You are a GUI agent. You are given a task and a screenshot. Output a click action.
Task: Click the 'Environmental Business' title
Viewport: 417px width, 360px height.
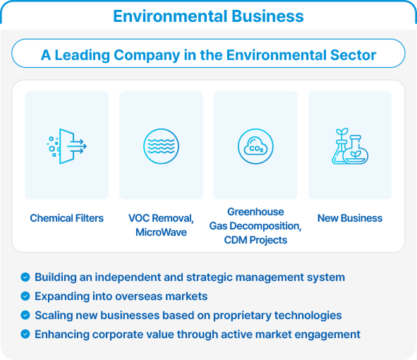(208, 16)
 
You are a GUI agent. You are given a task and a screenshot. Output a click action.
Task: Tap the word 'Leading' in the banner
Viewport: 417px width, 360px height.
(82, 55)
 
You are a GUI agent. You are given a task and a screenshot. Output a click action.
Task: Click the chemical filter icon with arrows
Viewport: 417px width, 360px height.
(67, 146)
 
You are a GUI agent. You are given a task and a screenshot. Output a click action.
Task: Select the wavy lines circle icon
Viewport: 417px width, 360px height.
(161, 146)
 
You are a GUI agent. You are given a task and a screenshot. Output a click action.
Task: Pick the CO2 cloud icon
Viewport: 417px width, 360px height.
(255, 146)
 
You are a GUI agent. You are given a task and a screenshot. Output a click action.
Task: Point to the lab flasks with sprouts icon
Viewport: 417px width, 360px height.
(350, 146)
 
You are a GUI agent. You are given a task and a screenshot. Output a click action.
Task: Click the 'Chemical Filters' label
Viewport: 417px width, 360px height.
(67, 218)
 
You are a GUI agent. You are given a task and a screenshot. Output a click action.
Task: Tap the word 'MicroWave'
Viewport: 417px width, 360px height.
(161, 232)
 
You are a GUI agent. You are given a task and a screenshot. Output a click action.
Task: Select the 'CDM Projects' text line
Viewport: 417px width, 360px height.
(255, 240)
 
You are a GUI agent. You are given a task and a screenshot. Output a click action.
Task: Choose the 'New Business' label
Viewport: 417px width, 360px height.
(350, 218)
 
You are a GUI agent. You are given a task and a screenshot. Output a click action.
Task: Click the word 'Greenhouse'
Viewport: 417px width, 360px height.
(255, 212)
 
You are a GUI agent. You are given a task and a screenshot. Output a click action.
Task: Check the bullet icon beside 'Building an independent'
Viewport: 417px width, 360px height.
(25, 277)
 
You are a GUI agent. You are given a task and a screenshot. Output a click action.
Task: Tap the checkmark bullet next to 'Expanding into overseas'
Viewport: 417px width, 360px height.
(25, 296)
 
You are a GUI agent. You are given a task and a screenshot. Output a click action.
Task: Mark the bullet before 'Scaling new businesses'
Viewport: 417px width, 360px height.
(25, 316)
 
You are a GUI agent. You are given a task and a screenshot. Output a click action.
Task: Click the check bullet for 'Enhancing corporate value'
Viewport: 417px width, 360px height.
(25, 334)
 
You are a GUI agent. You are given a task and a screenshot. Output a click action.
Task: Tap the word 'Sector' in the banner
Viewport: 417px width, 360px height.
(353, 55)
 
